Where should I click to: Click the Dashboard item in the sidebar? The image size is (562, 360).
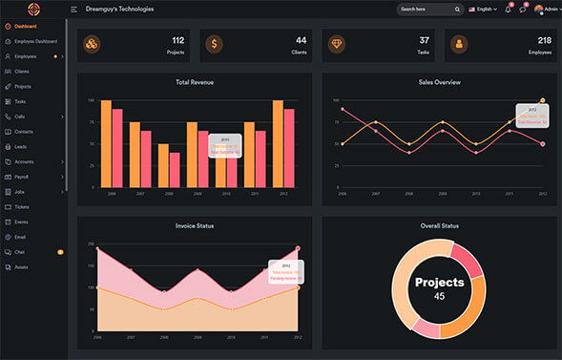click(26, 27)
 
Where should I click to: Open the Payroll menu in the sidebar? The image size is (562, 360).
click(22, 177)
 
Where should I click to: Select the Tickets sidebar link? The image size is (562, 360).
click(22, 206)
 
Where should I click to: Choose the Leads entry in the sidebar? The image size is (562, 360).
click(21, 146)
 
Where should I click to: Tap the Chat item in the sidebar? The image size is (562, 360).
click(20, 251)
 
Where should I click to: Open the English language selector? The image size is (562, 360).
click(483, 9)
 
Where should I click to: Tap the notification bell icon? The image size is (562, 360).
click(508, 9)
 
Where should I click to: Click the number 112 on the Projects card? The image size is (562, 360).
click(177, 40)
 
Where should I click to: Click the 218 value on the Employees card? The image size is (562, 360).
click(544, 40)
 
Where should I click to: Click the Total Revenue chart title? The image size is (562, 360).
click(195, 82)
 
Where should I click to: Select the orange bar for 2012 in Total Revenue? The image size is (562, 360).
click(278, 143)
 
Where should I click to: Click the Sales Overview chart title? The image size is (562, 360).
click(439, 82)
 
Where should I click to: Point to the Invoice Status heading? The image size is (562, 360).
click(195, 226)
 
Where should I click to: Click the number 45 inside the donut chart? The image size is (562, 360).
click(439, 296)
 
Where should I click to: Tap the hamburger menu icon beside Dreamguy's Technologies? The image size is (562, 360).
click(74, 9)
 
